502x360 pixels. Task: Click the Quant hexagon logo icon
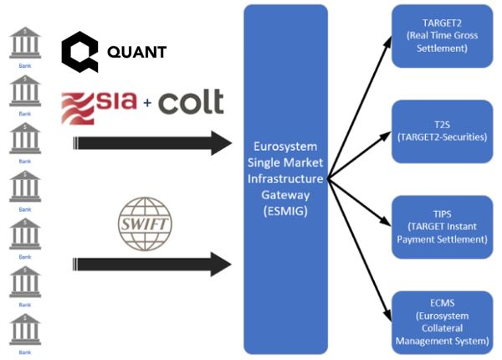tap(79, 52)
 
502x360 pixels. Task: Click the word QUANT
tap(136, 53)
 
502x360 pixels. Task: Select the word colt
tap(190, 102)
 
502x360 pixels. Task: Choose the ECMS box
tap(441, 318)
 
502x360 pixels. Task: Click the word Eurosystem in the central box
tap(285, 147)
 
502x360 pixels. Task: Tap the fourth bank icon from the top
tap(24, 185)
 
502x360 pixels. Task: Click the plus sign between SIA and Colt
tap(147, 105)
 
